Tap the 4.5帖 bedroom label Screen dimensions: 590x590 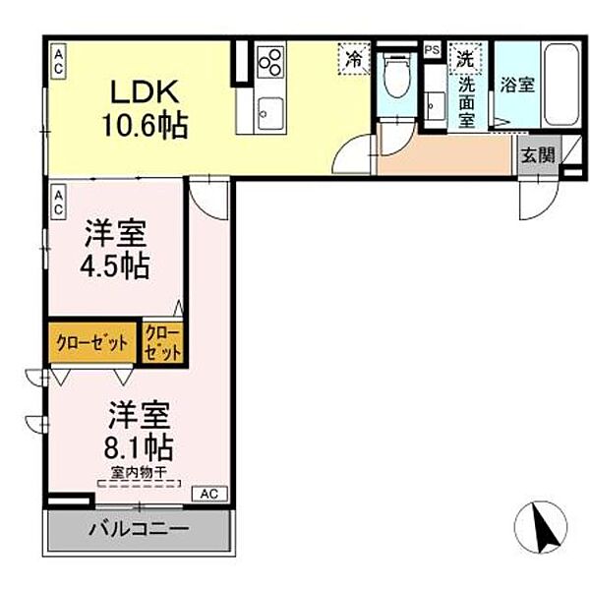tap(115, 250)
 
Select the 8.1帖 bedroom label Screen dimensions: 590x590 tap(137, 433)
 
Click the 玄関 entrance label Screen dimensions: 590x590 tap(538, 153)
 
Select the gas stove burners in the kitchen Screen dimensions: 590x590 tap(270, 64)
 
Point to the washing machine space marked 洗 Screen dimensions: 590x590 tap(463, 57)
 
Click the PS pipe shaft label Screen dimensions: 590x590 tap(431, 49)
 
